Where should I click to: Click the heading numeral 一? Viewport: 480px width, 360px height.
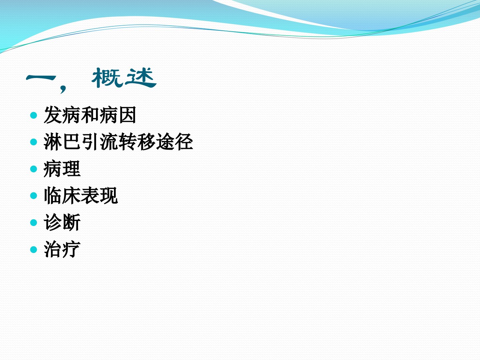pyautogui.click(x=41, y=78)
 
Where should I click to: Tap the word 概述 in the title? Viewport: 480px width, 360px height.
pyautogui.click(x=124, y=78)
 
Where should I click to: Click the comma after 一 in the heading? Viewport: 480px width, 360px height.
pyautogui.click(x=63, y=89)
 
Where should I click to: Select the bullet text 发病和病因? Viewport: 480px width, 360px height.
pyautogui.click(x=90, y=115)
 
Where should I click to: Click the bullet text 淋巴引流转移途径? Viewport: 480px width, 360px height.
pyautogui.click(x=118, y=142)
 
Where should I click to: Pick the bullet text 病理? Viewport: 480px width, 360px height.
pyautogui.click(x=62, y=169)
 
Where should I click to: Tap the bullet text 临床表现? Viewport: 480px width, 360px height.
pyautogui.click(x=81, y=196)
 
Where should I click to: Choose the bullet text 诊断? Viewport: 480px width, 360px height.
pyautogui.click(x=62, y=223)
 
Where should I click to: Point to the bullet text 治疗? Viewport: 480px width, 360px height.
pyautogui.click(x=62, y=249)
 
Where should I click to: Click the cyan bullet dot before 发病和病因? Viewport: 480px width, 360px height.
pyautogui.click(x=34, y=115)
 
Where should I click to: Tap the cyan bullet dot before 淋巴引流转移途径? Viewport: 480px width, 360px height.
pyautogui.click(x=34, y=142)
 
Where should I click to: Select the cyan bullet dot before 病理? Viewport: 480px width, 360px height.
pyautogui.click(x=34, y=169)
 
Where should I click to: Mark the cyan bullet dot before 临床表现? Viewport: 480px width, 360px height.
pyautogui.click(x=34, y=196)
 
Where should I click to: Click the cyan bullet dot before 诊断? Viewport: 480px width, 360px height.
pyautogui.click(x=34, y=223)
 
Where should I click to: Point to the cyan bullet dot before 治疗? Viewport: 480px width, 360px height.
pyautogui.click(x=34, y=250)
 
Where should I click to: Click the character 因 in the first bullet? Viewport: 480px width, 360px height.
pyautogui.click(x=127, y=115)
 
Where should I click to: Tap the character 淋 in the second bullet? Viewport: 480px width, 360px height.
pyautogui.click(x=53, y=142)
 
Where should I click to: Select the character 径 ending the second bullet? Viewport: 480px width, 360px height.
pyautogui.click(x=184, y=142)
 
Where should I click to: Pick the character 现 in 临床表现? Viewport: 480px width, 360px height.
pyautogui.click(x=109, y=196)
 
